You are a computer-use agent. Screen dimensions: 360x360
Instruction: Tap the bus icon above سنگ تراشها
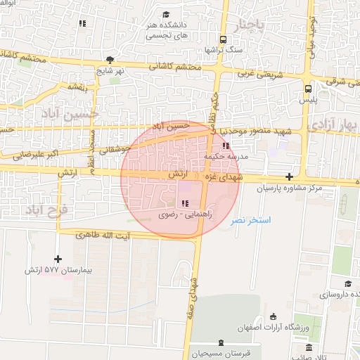224,39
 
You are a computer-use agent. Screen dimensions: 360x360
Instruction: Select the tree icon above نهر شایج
109,60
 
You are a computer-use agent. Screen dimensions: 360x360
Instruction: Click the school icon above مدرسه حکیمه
226,146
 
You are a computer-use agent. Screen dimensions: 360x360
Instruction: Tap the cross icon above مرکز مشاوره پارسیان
290,176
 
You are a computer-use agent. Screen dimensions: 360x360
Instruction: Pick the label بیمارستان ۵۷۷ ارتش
59,270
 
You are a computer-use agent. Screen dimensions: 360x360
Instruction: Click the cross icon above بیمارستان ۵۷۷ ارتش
58,259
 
